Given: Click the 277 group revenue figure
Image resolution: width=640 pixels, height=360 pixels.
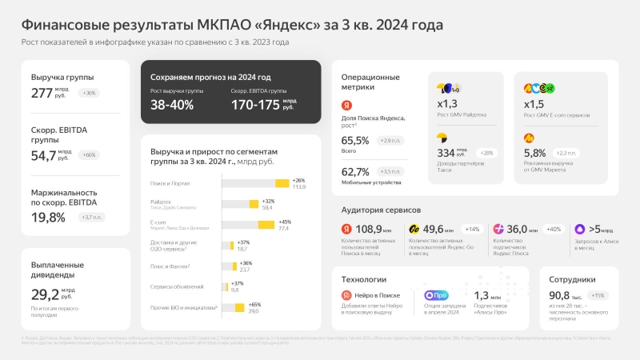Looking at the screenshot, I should (x=42, y=93).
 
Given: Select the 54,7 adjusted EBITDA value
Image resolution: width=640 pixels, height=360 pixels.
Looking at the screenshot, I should (x=44, y=154).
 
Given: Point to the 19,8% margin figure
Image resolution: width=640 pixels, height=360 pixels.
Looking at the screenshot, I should (x=49, y=216).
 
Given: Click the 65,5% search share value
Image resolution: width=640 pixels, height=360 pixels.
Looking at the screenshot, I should (x=355, y=141).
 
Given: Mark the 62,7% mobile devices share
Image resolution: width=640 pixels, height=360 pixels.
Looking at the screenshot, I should (x=355, y=171).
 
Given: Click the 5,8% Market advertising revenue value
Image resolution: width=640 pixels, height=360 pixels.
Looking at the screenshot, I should (x=534, y=153).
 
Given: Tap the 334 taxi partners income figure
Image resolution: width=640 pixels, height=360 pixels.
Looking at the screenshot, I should (x=446, y=153).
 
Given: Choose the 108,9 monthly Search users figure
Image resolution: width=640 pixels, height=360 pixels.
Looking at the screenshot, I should (x=368, y=230).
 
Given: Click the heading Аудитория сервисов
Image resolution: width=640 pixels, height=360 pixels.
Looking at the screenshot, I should (x=381, y=210).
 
